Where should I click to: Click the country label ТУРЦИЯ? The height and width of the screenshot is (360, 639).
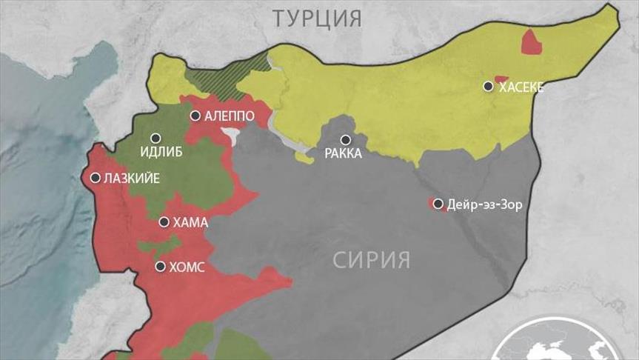pyautogui.click(x=318, y=18)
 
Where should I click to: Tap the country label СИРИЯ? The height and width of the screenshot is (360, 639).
pyautogui.click(x=371, y=260)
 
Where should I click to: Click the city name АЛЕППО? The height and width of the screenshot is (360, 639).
pyautogui.click(x=231, y=116)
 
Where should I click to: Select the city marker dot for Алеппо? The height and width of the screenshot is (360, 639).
pyautogui.click(x=195, y=116)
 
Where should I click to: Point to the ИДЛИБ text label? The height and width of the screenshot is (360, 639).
pyautogui.click(x=161, y=153)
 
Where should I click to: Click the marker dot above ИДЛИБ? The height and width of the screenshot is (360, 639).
pyautogui.click(x=155, y=138)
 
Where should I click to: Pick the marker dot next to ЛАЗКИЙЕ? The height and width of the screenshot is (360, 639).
pyautogui.click(x=96, y=178)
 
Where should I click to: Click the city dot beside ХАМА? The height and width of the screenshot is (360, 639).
pyautogui.click(x=164, y=221)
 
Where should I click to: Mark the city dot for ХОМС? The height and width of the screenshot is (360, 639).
pyautogui.click(x=161, y=266)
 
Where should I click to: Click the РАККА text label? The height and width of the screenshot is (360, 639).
pyautogui.click(x=344, y=154)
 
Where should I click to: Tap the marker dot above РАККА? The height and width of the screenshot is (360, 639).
pyautogui.click(x=345, y=139)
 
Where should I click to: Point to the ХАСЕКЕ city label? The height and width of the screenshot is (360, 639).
pyautogui.click(x=521, y=87)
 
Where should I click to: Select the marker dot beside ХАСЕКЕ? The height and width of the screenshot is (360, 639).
pyautogui.click(x=488, y=87)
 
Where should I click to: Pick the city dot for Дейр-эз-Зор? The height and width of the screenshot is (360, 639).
pyautogui.click(x=438, y=204)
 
